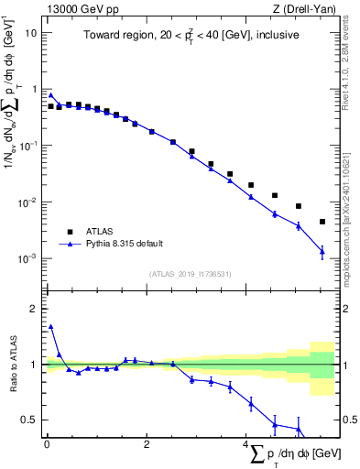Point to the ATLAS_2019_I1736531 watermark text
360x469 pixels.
click(x=190, y=274)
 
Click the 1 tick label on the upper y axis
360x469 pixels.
click(x=34, y=89)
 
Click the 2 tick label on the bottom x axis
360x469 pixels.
click(x=147, y=445)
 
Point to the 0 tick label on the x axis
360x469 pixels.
click(x=47, y=445)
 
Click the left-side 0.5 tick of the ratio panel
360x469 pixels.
click(x=31, y=420)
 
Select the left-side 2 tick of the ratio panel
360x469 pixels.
click(x=35, y=309)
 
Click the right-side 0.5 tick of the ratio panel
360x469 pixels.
click(x=349, y=420)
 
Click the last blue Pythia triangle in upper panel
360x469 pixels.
click(x=322, y=251)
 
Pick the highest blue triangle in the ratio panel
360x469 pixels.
click(x=50, y=326)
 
